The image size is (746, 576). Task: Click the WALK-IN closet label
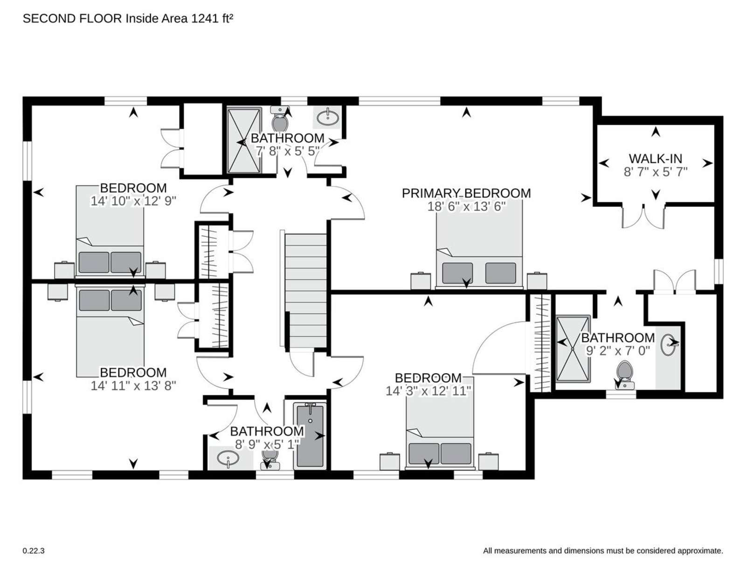point(655,158)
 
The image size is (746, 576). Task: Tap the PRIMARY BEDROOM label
point(466,193)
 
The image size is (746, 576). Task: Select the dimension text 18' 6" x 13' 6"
point(467,206)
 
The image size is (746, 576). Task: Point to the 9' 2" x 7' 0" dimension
point(618,351)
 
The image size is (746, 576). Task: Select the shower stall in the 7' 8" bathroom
point(244,140)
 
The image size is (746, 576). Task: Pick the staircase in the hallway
point(305,290)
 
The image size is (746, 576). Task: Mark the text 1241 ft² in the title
point(212,19)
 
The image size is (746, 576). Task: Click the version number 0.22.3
point(34,551)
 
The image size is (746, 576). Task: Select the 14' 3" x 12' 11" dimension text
point(428,391)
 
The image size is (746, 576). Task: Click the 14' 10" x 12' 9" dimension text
point(133,201)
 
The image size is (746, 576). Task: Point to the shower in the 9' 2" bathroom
point(573,349)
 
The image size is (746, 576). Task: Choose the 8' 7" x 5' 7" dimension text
point(656,171)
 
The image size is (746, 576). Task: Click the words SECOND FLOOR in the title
point(72,19)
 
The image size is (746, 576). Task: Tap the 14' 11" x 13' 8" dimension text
point(133,385)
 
